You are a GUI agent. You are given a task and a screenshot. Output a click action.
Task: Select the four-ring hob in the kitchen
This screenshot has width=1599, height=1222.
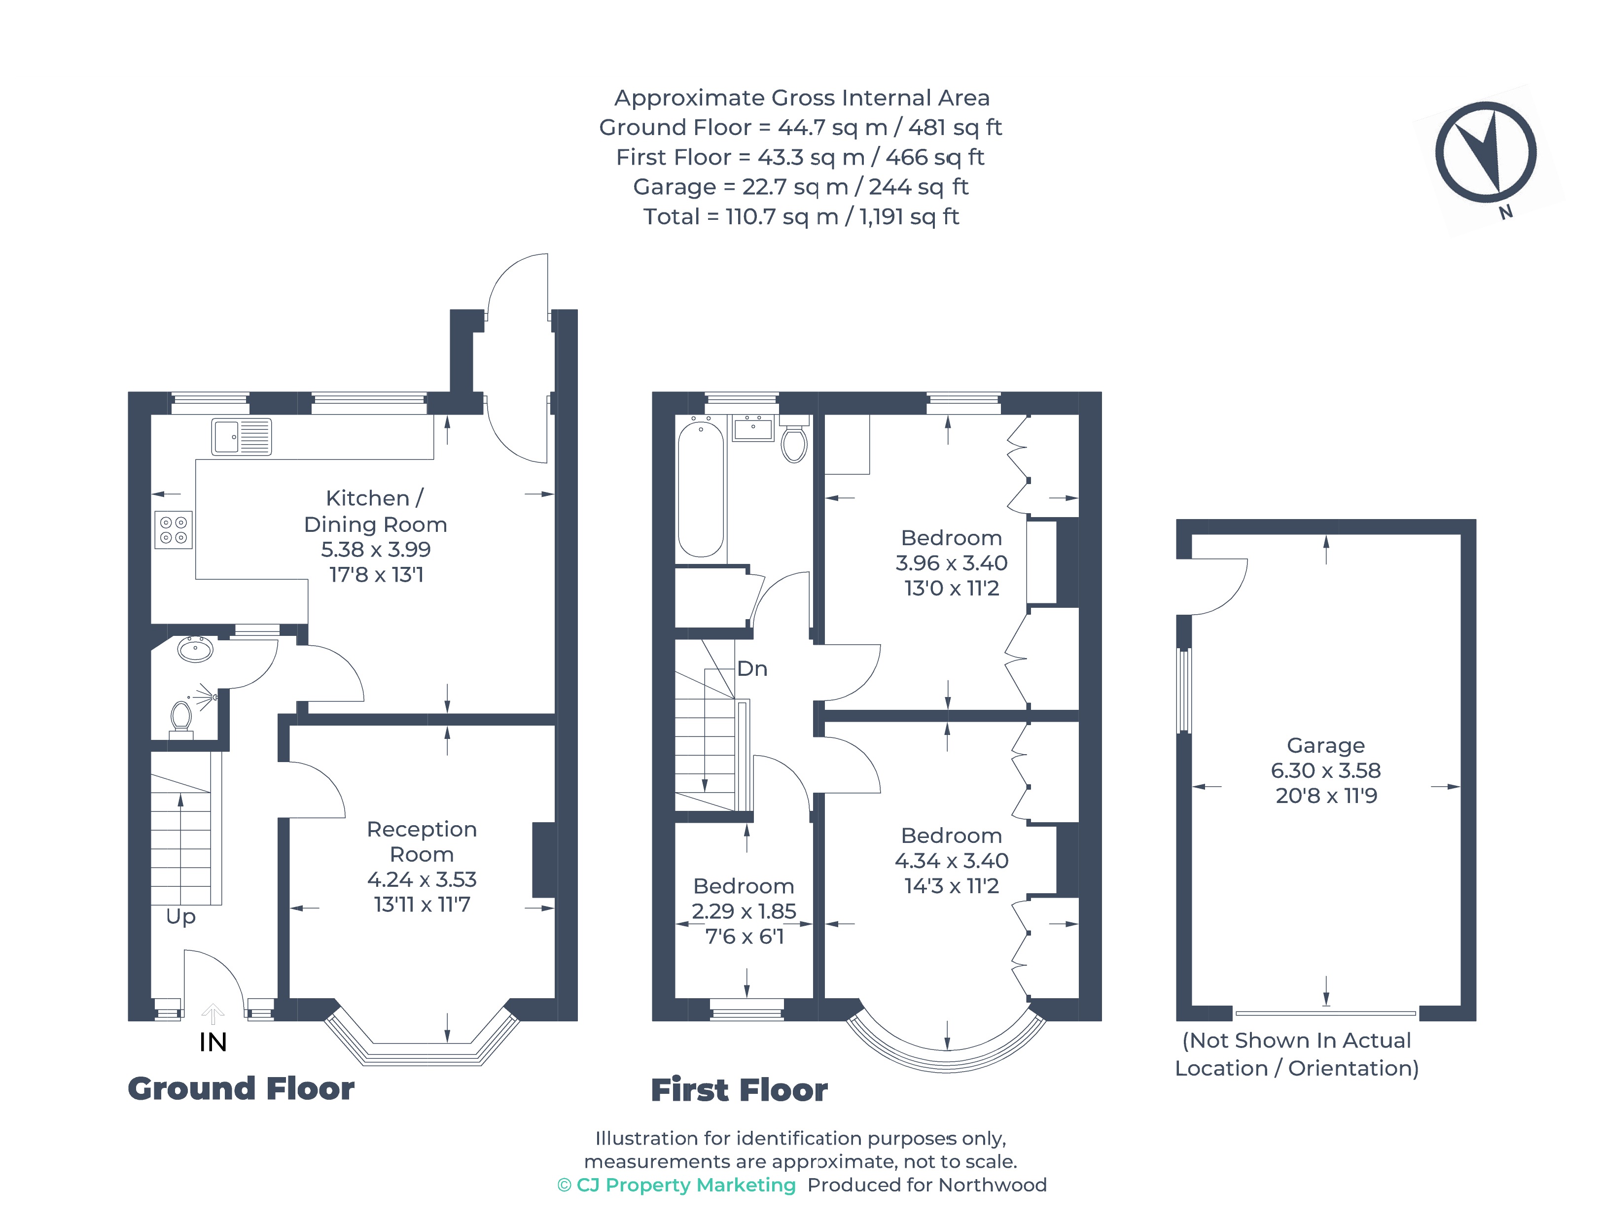pos(173,529)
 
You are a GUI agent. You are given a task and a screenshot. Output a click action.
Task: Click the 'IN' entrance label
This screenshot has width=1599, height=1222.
pos(213,1043)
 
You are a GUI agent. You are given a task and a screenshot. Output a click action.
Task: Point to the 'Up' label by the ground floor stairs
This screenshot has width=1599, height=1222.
pos(180,916)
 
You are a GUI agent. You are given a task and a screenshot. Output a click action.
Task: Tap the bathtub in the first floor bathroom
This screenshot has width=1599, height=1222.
pos(701,489)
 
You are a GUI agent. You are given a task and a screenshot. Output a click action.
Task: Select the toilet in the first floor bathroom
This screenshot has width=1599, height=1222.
pos(794,442)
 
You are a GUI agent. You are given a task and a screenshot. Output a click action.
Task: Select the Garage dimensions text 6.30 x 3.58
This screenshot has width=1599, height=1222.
pos(1325,770)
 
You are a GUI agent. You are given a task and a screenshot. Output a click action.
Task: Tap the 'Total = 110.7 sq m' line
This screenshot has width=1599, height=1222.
pos(801,217)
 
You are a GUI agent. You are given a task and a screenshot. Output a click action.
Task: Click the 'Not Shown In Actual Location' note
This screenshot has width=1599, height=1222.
pos(1296,1054)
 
